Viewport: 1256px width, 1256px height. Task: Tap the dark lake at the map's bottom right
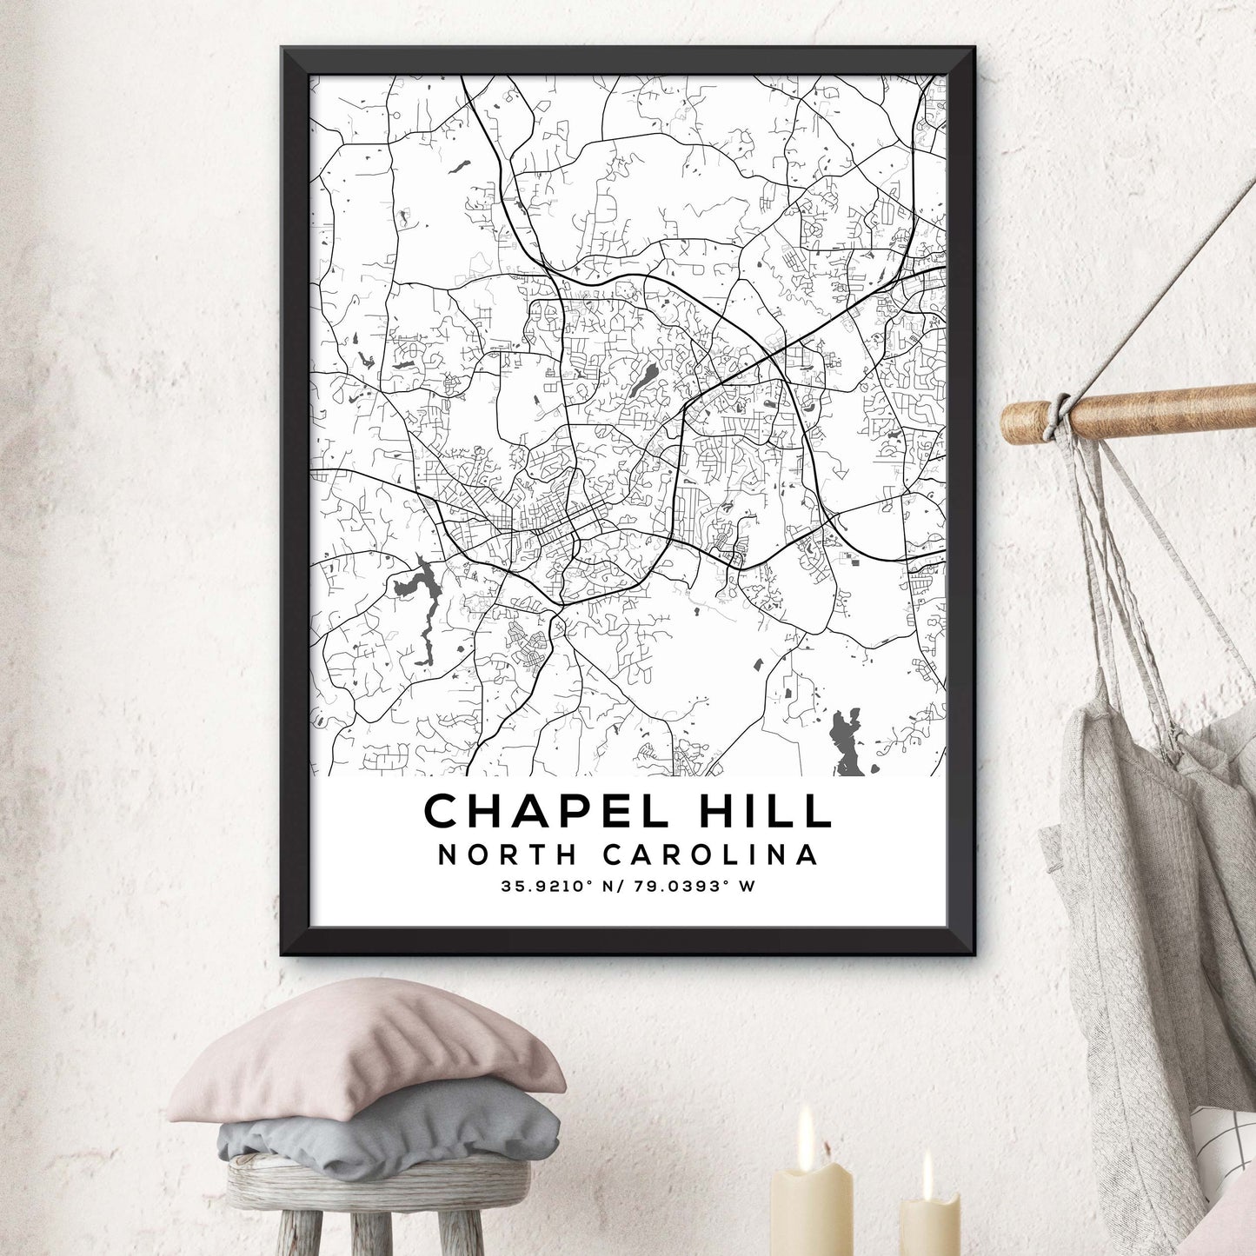845,739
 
